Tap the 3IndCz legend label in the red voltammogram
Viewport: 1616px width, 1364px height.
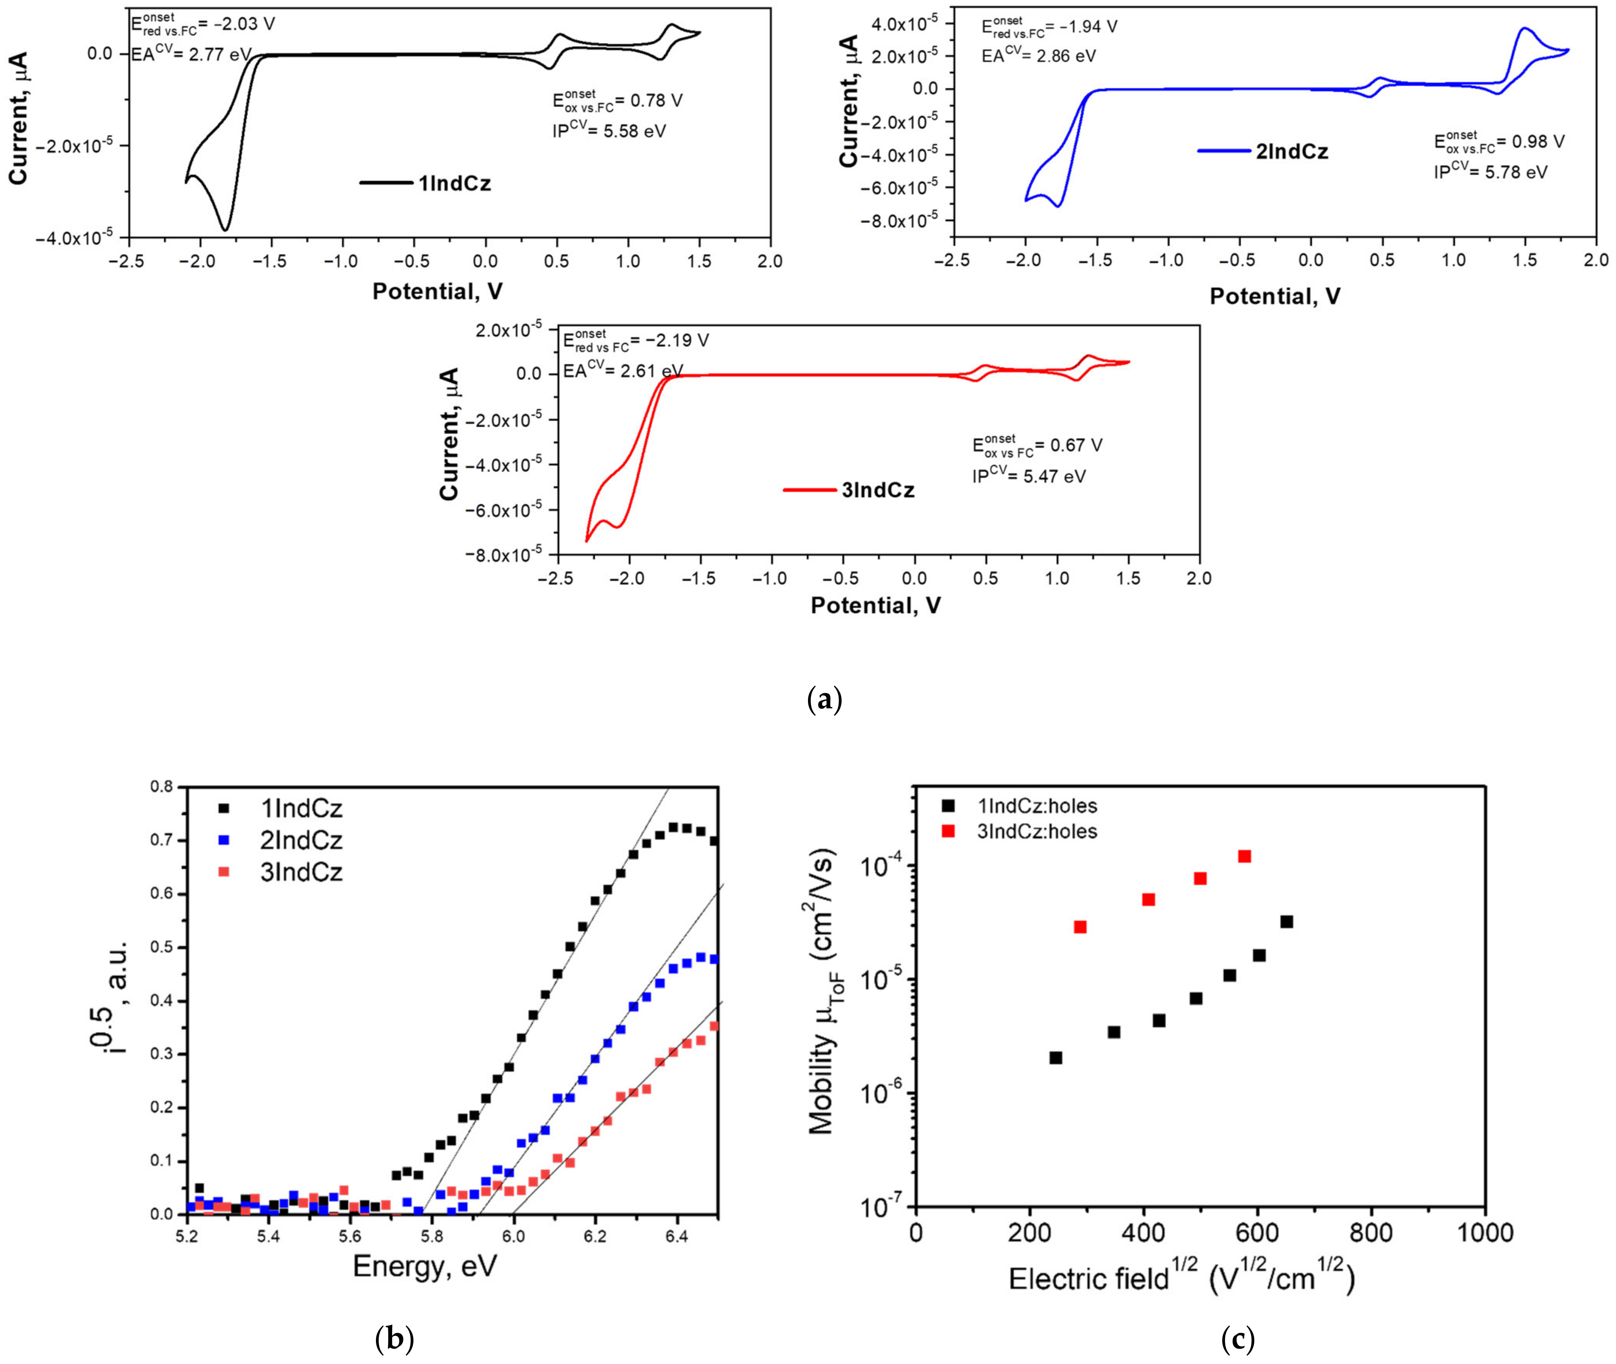tap(878, 490)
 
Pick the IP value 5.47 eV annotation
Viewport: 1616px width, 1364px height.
tap(1029, 476)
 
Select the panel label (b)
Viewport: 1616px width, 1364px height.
tap(394, 1338)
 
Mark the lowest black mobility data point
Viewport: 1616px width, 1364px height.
tap(1055, 1058)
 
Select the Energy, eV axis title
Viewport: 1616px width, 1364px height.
tap(424, 1266)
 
